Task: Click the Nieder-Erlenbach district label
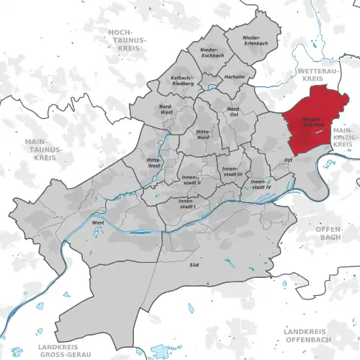251,40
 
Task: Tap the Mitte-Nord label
204,133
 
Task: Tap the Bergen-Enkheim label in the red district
302,122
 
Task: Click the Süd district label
194,266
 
